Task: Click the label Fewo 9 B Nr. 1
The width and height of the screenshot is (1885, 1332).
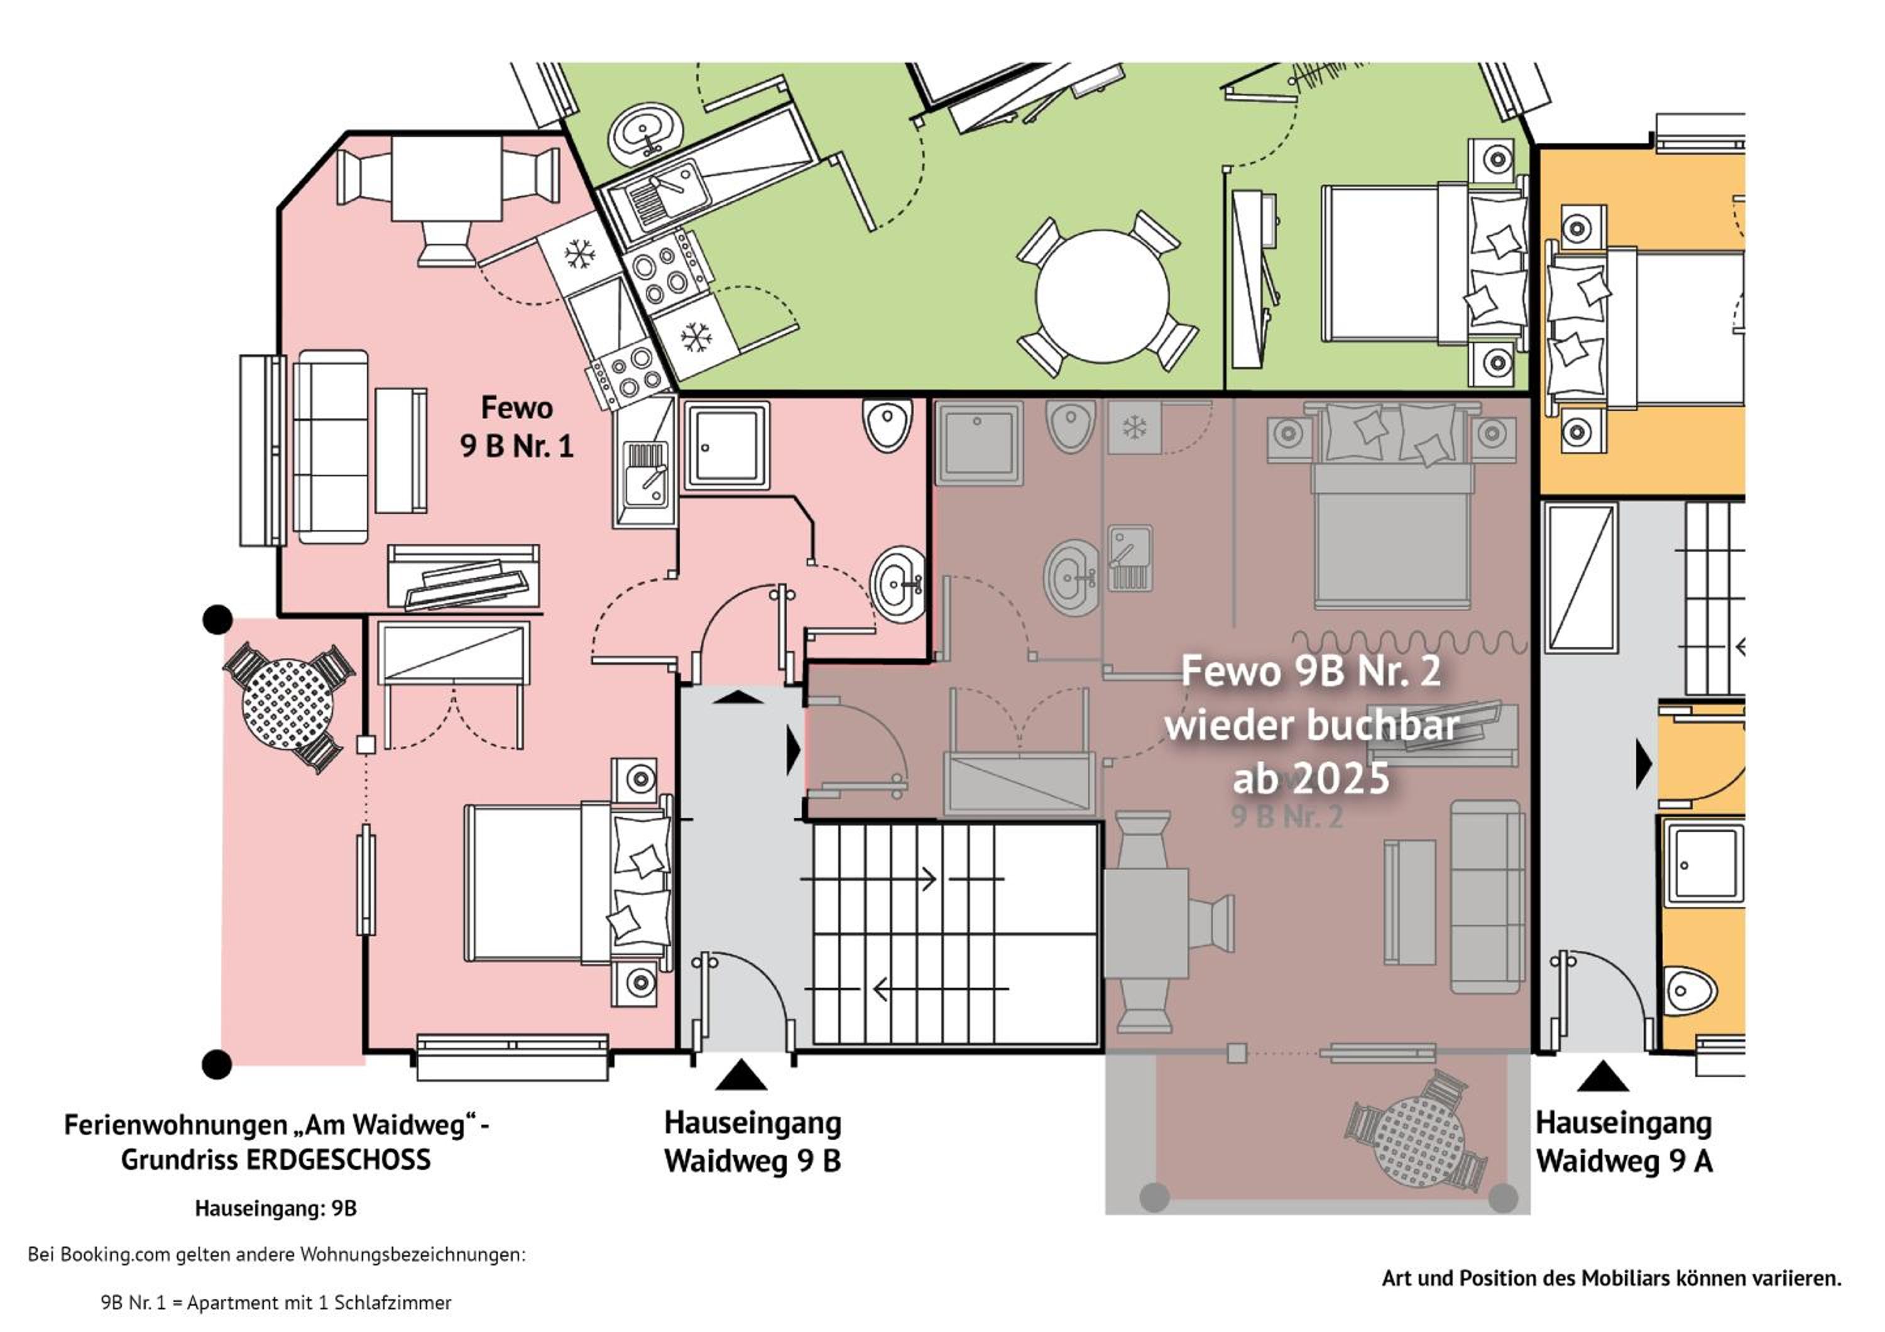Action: (x=516, y=427)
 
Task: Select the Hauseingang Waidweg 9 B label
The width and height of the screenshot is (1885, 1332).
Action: (x=753, y=1142)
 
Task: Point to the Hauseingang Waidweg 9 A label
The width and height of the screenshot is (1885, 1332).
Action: (x=1624, y=1142)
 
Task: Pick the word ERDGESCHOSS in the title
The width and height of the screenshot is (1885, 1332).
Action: (x=338, y=1160)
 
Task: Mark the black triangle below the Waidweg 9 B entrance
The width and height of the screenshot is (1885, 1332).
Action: (x=741, y=1074)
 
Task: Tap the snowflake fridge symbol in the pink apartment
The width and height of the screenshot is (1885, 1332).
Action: (x=579, y=254)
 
